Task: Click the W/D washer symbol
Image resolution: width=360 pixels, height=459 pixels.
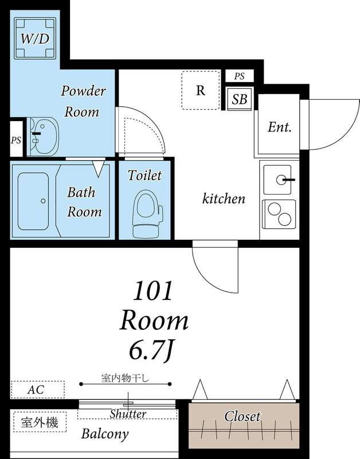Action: coord(35,38)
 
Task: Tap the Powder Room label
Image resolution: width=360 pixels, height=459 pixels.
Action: coord(83,102)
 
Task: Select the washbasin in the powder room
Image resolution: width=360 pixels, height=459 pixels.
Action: coord(44,136)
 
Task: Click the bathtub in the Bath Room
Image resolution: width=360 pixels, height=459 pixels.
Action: coord(33,201)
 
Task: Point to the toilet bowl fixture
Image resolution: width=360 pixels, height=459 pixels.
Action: coord(147,213)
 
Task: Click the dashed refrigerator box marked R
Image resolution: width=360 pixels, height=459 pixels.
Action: coord(201,90)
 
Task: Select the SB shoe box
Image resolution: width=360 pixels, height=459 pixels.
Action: coord(240,99)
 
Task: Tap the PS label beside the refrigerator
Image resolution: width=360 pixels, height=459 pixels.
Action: coord(239,76)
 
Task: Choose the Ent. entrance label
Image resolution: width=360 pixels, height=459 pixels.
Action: coord(280,127)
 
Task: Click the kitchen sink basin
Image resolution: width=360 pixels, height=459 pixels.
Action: coord(277,180)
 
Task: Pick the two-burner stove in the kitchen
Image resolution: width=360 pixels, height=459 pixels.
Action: coord(279,214)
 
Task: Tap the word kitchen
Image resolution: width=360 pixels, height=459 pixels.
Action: coord(224,199)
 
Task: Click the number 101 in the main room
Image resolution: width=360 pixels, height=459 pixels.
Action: coord(152,291)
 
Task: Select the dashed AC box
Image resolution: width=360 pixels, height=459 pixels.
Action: coord(37,390)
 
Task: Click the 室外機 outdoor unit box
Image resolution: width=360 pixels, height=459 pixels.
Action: coord(40,422)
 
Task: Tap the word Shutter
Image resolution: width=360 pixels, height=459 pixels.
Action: coord(128,414)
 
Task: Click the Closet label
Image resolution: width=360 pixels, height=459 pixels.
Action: coord(242,417)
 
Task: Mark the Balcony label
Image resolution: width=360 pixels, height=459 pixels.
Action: coord(105,434)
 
